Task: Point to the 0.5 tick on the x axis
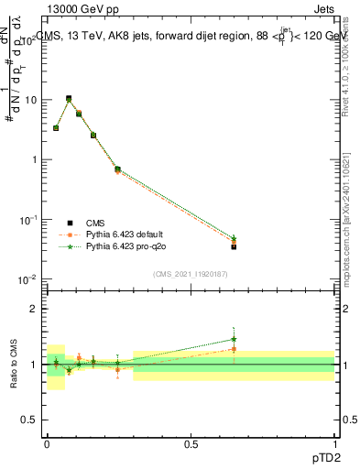(x=191, y=443)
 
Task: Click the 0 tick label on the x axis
(x=48, y=443)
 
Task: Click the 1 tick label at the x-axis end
(x=334, y=443)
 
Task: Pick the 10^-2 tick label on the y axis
(x=27, y=278)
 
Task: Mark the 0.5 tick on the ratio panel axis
(x=30, y=420)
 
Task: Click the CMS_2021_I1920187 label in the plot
(x=189, y=274)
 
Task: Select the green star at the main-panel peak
(x=69, y=100)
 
